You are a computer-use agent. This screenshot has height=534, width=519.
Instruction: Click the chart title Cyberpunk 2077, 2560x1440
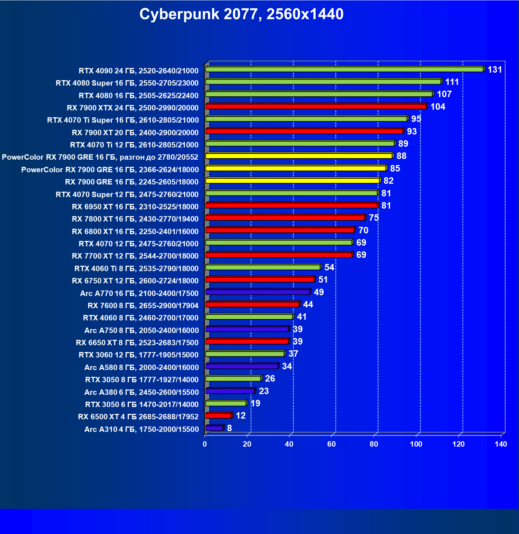coord(241,14)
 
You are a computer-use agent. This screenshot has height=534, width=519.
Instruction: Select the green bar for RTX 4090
coord(344,69)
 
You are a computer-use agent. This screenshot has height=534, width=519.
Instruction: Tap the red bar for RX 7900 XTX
coord(316,106)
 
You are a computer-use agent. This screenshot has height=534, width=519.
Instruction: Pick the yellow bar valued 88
coord(299,156)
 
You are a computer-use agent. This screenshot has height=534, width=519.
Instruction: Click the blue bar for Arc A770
coord(258,292)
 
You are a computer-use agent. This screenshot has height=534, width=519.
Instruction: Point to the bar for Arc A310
coord(214,428)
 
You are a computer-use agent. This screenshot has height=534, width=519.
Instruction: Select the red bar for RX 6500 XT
coord(218,416)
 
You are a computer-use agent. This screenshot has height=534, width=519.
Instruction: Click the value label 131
coord(495,70)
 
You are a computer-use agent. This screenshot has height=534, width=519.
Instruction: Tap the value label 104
coord(438,107)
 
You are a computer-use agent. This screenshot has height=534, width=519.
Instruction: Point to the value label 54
coord(329,268)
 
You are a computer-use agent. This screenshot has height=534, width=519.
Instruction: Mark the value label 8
coord(230,428)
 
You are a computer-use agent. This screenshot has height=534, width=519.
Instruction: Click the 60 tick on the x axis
coord(332,444)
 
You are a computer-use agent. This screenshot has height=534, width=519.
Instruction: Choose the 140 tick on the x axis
coord(501,444)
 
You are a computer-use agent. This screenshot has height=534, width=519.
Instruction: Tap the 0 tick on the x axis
coord(205,444)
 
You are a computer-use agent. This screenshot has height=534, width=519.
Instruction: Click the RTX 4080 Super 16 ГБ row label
coord(127,83)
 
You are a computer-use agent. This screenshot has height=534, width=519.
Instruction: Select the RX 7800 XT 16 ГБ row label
coord(135,219)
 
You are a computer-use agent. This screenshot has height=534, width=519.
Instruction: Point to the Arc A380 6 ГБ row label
coord(142,392)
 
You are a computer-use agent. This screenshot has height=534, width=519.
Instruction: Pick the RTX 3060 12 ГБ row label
coord(139,355)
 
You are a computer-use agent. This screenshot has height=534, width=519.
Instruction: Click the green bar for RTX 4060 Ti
coord(263,267)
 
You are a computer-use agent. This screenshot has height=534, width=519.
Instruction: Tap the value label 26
coord(270,379)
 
